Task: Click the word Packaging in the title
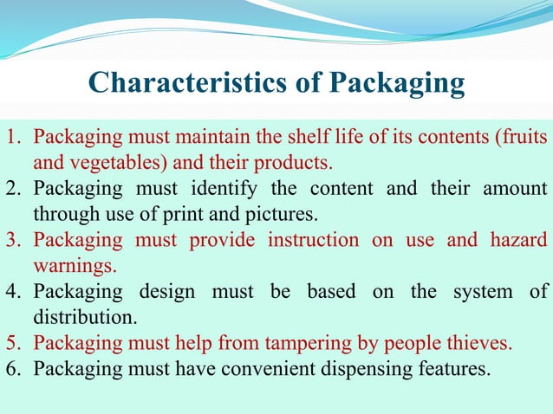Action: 398,83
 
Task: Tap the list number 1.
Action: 13,137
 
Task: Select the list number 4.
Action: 13,291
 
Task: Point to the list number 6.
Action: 13,368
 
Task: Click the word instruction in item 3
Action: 314,239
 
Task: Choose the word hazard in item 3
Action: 518,239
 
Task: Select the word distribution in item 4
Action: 84,316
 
